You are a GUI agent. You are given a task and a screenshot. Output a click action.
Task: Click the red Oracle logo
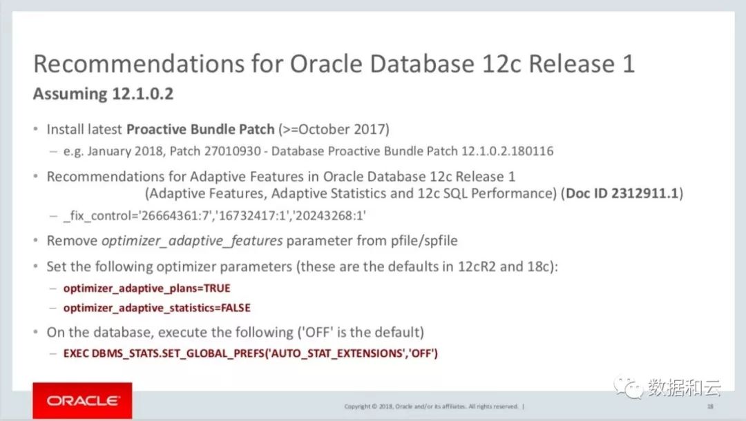(x=82, y=400)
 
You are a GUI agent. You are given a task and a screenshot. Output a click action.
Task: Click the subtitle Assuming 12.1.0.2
(x=103, y=94)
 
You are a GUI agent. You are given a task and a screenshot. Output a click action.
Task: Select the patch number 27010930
(x=233, y=151)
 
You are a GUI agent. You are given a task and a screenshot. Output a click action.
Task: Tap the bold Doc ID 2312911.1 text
(x=622, y=193)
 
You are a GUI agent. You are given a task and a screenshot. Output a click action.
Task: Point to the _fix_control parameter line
(x=215, y=216)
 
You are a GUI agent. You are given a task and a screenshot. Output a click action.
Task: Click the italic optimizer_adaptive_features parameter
(x=192, y=241)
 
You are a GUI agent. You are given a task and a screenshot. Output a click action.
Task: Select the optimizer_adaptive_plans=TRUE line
(x=147, y=288)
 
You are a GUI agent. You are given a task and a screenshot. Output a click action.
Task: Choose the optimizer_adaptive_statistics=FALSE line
(x=157, y=308)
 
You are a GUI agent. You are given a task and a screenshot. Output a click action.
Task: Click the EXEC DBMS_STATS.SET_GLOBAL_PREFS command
(x=250, y=353)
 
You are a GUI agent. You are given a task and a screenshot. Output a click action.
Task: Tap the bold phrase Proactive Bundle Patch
(x=200, y=129)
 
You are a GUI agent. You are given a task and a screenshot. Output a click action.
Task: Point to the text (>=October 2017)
(x=334, y=129)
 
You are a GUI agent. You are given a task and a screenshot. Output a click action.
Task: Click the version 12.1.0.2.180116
(x=508, y=151)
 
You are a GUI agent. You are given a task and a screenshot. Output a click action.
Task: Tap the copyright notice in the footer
(x=431, y=407)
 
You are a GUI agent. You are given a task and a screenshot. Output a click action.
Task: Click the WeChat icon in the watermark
(x=628, y=387)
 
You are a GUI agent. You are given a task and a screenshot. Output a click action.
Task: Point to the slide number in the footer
(x=710, y=407)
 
